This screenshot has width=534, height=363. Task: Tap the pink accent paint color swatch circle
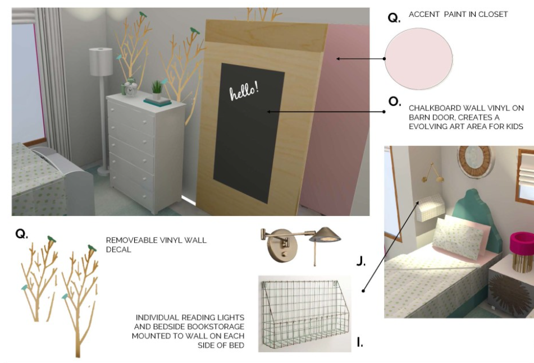(418, 59)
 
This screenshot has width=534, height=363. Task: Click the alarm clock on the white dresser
(130, 89)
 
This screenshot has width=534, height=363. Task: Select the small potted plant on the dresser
(157, 90)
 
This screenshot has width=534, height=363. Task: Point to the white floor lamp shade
(101, 62)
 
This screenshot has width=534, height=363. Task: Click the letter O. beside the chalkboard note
(394, 102)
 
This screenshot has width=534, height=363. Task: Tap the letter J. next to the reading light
(361, 261)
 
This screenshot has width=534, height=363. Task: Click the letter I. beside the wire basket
(359, 342)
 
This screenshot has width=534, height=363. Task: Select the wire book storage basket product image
(304, 314)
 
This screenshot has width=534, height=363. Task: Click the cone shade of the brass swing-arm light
(325, 235)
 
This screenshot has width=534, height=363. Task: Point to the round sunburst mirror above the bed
(476, 162)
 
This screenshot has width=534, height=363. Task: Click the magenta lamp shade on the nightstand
(522, 241)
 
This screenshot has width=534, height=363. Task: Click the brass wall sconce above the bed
(432, 173)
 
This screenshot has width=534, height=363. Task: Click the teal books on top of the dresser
(157, 102)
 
